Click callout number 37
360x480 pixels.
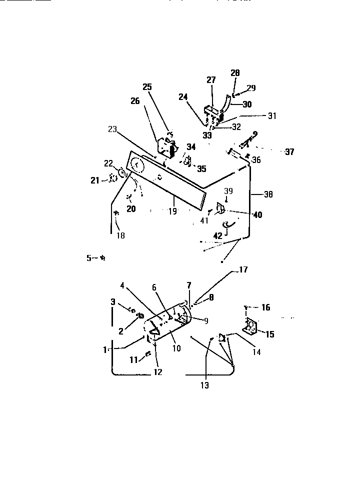(x=289, y=152)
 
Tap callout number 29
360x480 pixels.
(x=251, y=87)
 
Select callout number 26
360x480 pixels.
(x=135, y=101)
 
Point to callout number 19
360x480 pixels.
(x=172, y=211)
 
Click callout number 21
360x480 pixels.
(x=95, y=180)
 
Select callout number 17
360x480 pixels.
(x=243, y=270)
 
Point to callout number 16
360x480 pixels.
(x=266, y=307)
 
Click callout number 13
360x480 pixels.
(x=205, y=384)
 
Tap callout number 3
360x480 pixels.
(x=113, y=301)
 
